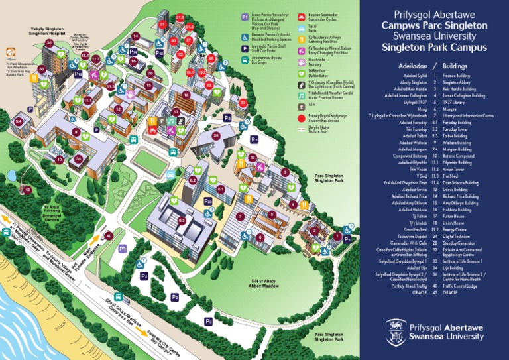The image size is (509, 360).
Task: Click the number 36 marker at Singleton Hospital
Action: tap(48, 44)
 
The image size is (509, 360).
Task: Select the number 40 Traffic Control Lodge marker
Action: tap(109, 235)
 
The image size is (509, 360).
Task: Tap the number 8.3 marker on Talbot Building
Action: tap(181, 220)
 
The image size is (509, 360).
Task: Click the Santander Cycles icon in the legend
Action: tap(302, 17)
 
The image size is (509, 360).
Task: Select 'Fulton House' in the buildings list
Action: tap(454, 215)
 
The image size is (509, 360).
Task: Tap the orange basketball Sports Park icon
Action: tap(11, 50)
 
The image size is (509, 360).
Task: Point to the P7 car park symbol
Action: tap(254, 139)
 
